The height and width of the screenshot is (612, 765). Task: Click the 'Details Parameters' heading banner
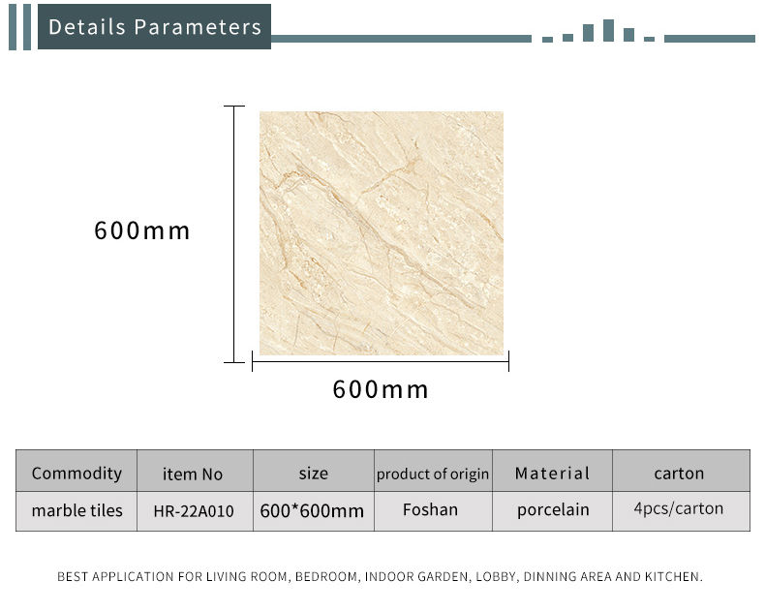pos(154,27)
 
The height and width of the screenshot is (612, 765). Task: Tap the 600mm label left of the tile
pos(142,230)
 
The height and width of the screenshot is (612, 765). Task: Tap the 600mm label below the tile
pos(381,389)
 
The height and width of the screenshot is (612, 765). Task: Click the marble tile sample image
pos(381,233)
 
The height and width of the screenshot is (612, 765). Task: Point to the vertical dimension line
pos(234,234)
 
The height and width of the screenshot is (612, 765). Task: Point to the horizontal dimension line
pos(381,361)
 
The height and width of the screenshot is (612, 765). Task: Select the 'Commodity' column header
pos(76,473)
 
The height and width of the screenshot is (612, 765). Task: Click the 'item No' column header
pos(193,474)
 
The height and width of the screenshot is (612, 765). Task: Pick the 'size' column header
pos(313,473)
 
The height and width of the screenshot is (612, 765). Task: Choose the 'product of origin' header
pos(433,474)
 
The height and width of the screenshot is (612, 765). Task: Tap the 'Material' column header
pos(552,473)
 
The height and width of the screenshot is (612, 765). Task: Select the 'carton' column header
pos(679,473)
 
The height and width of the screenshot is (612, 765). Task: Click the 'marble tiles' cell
pos(77,510)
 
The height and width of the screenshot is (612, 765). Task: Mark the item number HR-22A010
pos(194,511)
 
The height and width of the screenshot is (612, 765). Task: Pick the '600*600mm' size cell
pos(312,511)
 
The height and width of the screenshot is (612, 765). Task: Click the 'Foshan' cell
pos(430,509)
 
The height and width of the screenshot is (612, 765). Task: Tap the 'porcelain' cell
pos(553,510)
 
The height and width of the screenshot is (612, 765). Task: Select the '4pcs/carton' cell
pos(679,508)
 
